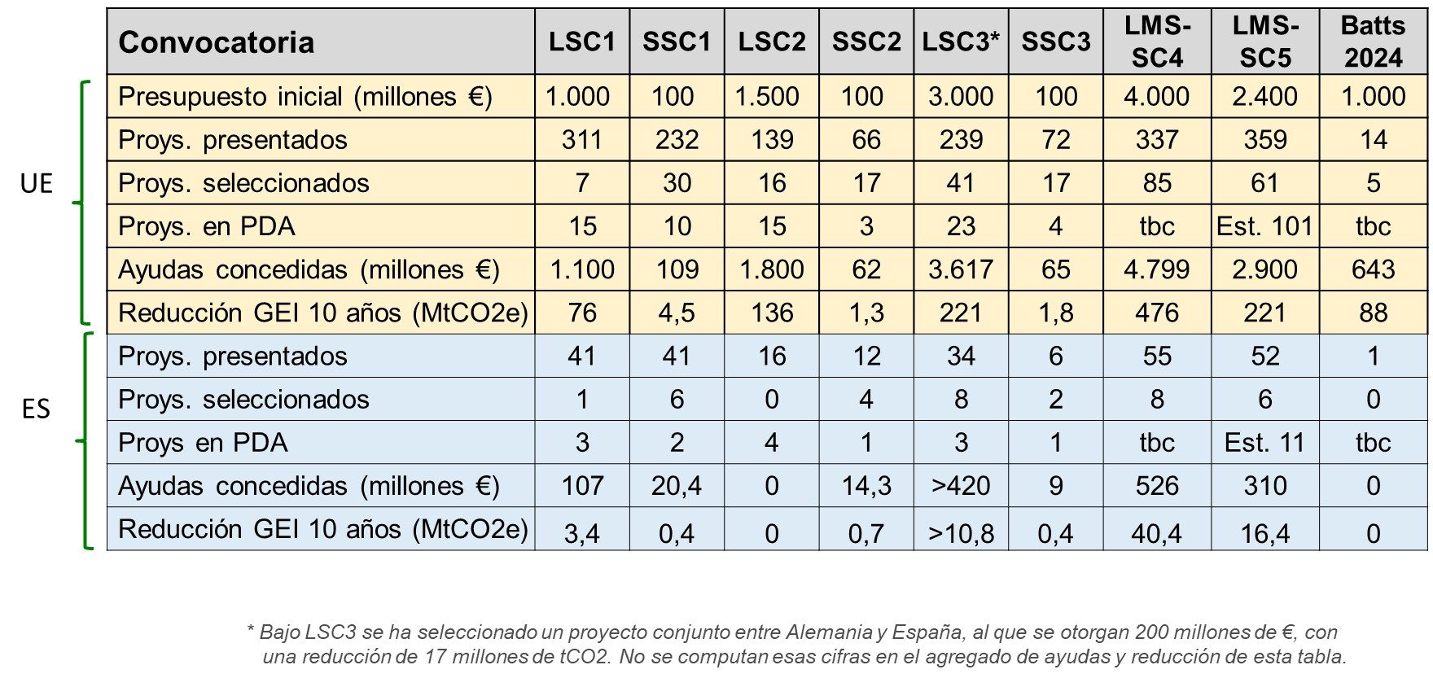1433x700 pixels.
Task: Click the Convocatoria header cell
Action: tap(217, 42)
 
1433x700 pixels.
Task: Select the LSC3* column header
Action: tap(960, 42)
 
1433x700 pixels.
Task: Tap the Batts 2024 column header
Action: tap(1373, 42)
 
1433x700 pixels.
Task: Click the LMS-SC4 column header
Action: tap(1157, 42)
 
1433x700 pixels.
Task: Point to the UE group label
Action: tap(36, 184)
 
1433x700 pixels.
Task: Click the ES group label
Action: tap(36, 409)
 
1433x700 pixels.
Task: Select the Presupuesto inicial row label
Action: tap(305, 97)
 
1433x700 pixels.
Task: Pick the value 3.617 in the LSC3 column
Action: tap(961, 269)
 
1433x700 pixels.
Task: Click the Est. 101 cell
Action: tap(1264, 226)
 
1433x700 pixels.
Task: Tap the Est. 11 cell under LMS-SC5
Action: tap(1264, 443)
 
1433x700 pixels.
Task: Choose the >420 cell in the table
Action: tap(961, 486)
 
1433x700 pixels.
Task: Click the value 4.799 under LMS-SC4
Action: tap(1156, 269)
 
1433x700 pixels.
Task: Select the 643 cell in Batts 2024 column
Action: tap(1373, 269)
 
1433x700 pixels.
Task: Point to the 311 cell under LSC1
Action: tap(581, 140)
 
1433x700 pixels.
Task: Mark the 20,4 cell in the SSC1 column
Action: tap(676, 486)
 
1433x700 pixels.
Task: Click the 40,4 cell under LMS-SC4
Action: tap(1156, 533)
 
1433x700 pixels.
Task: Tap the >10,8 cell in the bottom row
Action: tap(961, 533)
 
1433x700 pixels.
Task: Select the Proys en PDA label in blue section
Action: tap(203, 443)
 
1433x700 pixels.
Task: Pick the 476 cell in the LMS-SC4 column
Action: tap(1156, 313)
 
